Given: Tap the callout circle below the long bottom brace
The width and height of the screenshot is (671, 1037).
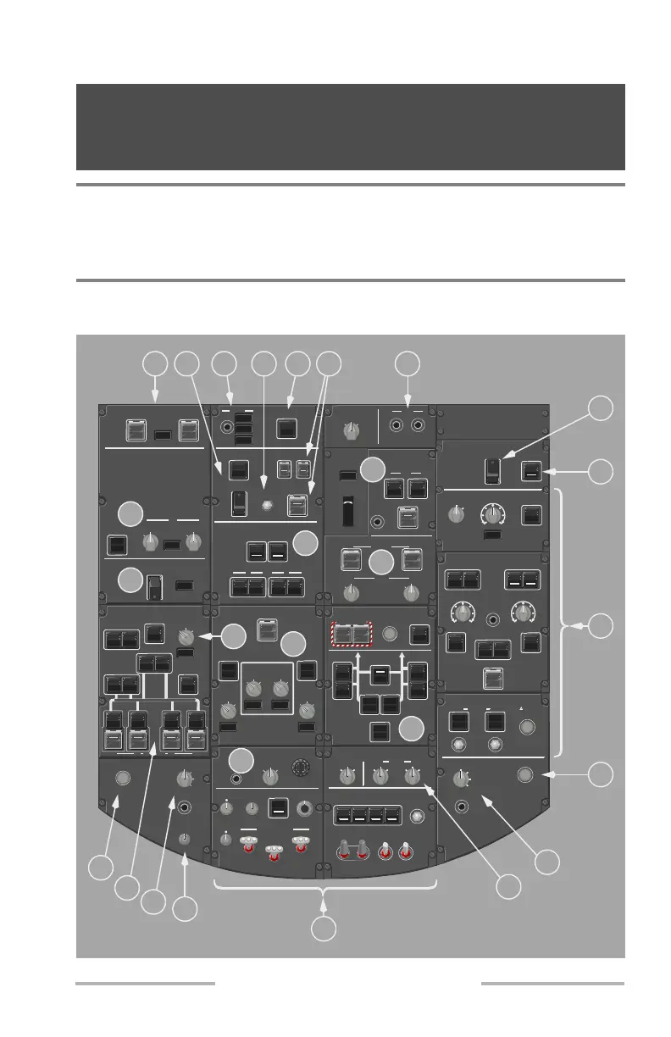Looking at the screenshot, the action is pos(324,929).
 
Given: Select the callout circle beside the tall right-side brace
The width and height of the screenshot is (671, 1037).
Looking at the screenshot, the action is pos(600,627).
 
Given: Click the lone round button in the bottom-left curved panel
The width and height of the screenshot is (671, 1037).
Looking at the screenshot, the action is pos(123,778).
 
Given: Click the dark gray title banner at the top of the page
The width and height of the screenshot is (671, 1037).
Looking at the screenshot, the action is pos(351,127).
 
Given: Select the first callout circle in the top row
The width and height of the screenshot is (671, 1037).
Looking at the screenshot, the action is pos(154,364).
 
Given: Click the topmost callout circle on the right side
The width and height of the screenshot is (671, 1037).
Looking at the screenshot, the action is pos(600,408).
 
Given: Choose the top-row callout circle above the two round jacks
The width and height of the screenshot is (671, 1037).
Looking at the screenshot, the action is pos(408,364).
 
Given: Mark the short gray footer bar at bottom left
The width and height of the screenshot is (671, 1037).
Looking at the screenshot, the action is pos(145,984).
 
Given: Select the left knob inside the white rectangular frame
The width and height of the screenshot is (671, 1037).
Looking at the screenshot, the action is pos(252,687).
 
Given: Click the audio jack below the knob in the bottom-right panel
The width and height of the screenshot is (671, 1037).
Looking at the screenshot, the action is pos(462,806).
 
